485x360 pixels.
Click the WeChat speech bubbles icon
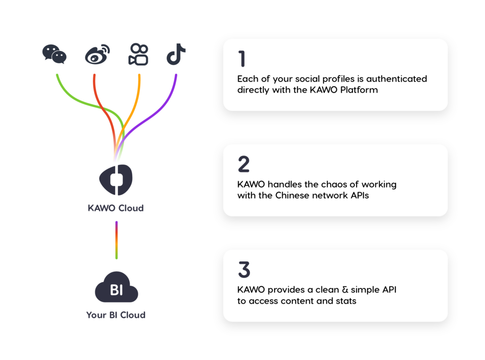click(x=54, y=54)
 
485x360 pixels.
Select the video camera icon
click(x=138, y=55)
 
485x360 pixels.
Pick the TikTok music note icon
click(x=176, y=55)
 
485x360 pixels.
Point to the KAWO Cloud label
click(x=116, y=208)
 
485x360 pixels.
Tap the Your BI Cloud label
click(x=116, y=315)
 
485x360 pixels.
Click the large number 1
click(x=242, y=59)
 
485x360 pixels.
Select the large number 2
click(x=243, y=164)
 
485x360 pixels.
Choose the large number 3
click(x=243, y=269)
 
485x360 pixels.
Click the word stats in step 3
click(x=346, y=301)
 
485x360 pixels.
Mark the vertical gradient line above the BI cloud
click(x=116, y=240)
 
